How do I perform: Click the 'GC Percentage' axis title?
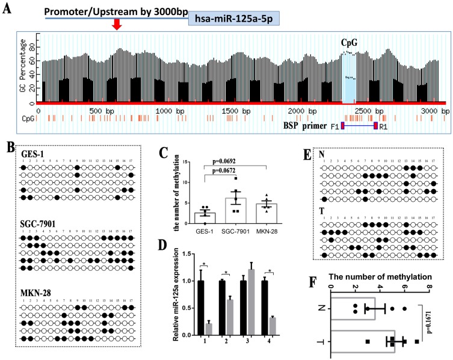click(25, 66)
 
